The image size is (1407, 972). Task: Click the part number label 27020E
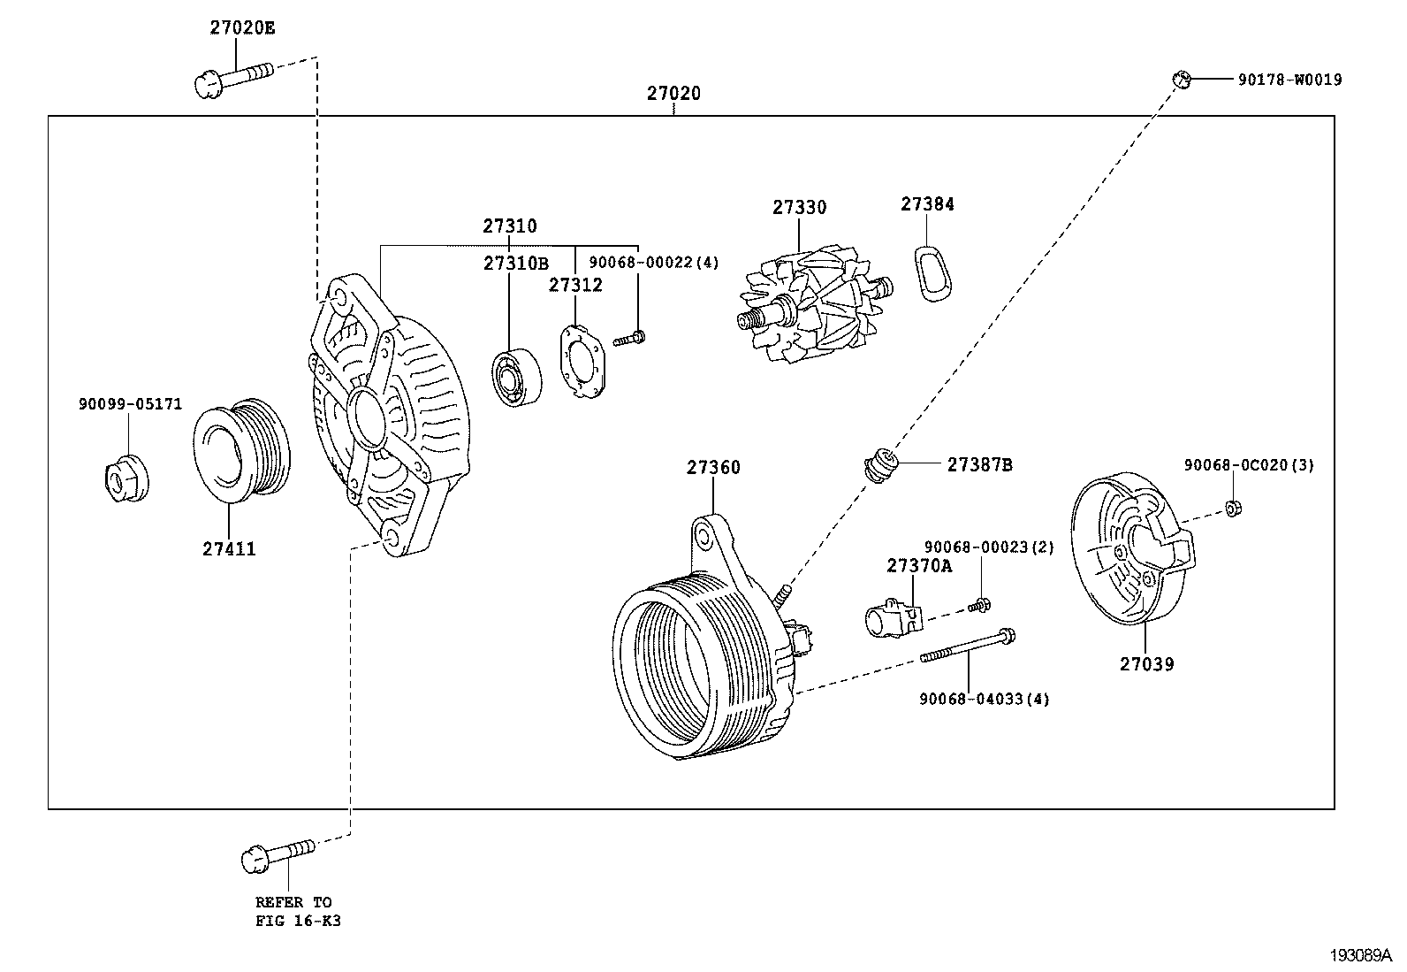click(x=241, y=27)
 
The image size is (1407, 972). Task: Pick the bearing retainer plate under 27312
click(x=582, y=362)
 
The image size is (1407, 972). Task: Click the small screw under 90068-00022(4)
click(x=633, y=337)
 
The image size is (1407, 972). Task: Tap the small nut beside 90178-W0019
click(x=1181, y=80)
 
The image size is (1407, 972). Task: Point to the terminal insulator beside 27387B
click(x=881, y=464)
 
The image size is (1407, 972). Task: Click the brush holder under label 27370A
click(x=891, y=616)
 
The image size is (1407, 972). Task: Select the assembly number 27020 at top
click(x=673, y=93)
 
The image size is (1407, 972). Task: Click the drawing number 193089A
click(x=1359, y=955)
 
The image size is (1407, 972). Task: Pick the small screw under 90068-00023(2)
click(x=979, y=606)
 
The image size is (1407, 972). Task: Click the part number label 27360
click(x=713, y=467)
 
